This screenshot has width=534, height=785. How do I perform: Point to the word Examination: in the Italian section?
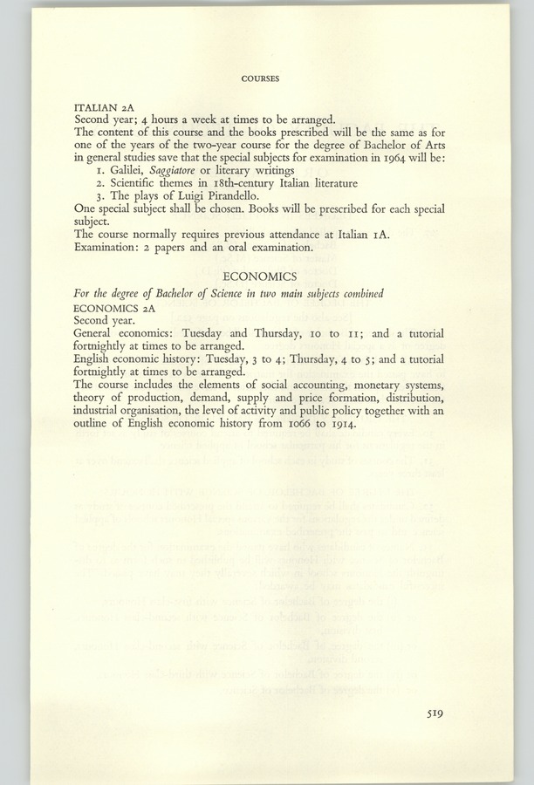[106, 248]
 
